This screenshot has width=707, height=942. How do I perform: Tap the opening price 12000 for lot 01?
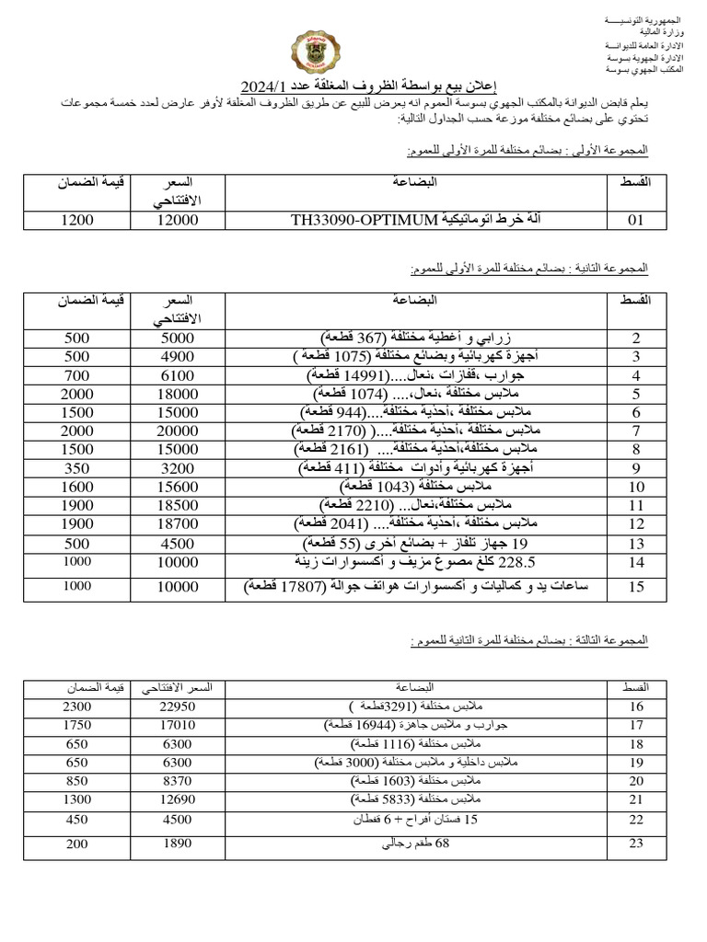coord(178,221)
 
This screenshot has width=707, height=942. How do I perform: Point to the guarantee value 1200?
coord(77,221)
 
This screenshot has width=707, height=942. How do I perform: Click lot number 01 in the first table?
coord(635,221)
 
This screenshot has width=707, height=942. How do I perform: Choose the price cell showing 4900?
coord(178,357)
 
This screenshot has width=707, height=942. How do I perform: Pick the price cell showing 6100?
coord(178,375)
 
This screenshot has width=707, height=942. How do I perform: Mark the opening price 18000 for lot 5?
coord(178,394)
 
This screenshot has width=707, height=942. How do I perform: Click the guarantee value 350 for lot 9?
coord(77,468)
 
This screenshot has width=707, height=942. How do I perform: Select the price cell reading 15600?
coord(178,487)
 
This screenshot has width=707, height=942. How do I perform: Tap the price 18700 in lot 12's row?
coord(178,523)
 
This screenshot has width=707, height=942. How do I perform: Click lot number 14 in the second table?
coord(635,561)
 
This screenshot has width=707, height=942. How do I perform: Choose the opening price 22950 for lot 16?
coord(178,706)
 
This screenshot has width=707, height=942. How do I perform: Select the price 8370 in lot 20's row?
coord(178,779)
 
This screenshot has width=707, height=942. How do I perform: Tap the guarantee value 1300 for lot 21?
coord(77,798)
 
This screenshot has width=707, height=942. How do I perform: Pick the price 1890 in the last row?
coord(178,843)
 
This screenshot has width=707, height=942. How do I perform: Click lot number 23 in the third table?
coord(635,843)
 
